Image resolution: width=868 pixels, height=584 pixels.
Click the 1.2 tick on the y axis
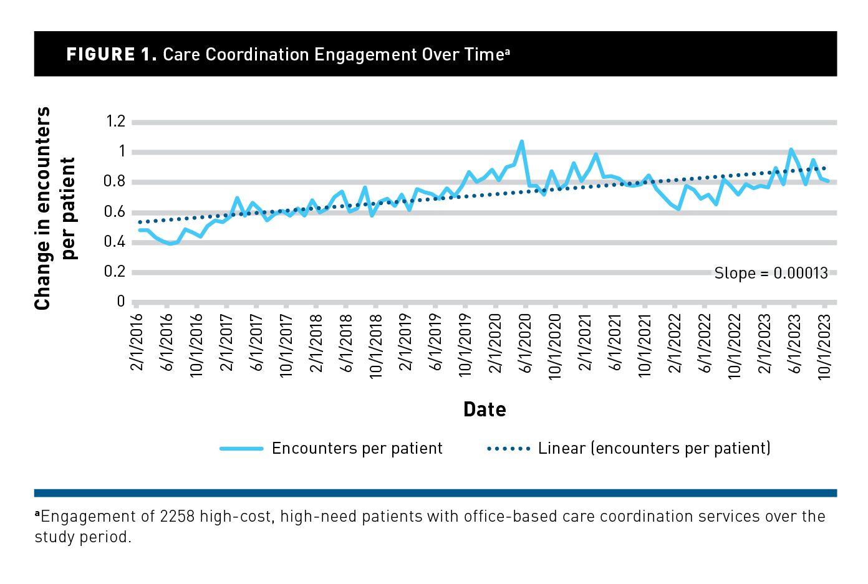click(116, 121)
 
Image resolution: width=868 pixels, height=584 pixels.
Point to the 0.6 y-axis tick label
click(116, 212)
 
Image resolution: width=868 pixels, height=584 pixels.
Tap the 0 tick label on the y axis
click(121, 302)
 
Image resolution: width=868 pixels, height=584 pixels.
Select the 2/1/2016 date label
click(137, 342)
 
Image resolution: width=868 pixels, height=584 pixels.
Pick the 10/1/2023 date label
click(824, 345)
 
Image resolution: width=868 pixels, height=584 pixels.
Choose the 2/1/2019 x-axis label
click(406, 342)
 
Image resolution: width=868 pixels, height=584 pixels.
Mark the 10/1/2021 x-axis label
click(645, 345)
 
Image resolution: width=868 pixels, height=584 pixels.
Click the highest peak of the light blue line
click(522, 142)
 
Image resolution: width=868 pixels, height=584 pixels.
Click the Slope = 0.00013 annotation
click(771, 273)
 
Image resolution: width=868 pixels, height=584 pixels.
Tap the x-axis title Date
click(485, 409)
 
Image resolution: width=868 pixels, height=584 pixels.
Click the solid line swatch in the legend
click(241, 449)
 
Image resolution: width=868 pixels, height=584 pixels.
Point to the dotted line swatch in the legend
click(508, 449)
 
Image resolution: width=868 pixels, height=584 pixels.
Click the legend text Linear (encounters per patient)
click(654, 448)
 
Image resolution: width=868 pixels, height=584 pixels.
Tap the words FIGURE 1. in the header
click(111, 54)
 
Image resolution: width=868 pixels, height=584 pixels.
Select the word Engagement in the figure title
click(365, 55)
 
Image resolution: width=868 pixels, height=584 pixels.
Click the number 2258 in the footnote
click(177, 517)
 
